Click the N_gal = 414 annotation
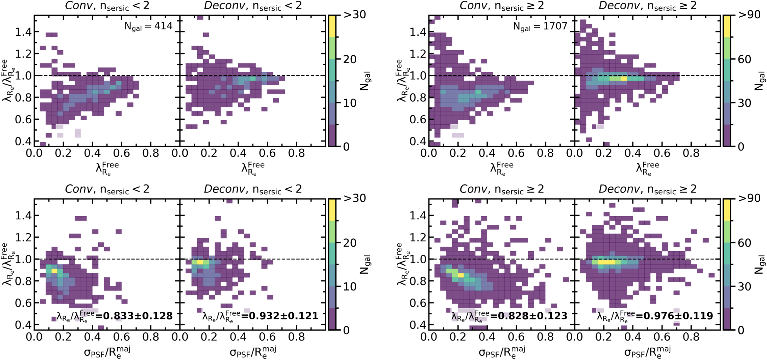pyautogui.click(x=148, y=26)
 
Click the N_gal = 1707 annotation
pyautogui.click(x=540, y=26)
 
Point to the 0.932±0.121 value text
pyautogui.click(x=283, y=315)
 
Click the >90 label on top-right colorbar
pyautogui.click(x=749, y=15)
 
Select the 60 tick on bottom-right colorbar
pyautogui.click(x=744, y=243)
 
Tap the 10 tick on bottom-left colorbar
pyautogui.click(x=350, y=287)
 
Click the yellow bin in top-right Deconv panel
pyautogui.click(x=624, y=78)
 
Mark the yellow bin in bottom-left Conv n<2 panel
pyautogui.click(x=54, y=271)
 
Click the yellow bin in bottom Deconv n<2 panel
pyautogui.click(x=200, y=262)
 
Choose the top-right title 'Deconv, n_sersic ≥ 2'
pyautogui.click(x=648, y=6)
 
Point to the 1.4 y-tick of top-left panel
pyautogui.click(x=23, y=32)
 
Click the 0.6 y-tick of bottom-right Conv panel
pyautogui.click(x=417, y=303)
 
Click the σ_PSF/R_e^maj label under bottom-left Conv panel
pyautogui.click(x=107, y=352)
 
